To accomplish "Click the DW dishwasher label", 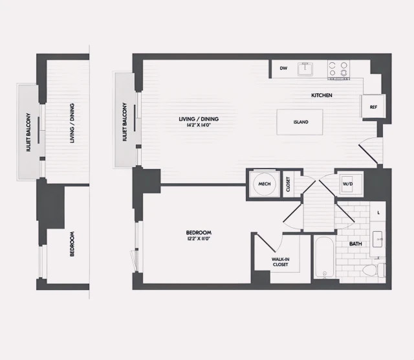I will [283, 68].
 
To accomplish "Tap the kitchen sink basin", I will [305, 68].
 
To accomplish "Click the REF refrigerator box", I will [373, 107].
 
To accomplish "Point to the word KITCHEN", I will [321, 95].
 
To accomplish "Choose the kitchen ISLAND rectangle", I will [300, 122].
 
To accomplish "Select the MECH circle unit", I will [264, 184].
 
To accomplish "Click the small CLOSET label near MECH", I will [289, 185].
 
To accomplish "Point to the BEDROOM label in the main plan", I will [199, 232].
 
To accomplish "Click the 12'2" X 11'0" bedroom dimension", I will [199, 240].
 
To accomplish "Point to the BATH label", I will [355, 243].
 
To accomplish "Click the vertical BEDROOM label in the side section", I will [71, 243].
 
